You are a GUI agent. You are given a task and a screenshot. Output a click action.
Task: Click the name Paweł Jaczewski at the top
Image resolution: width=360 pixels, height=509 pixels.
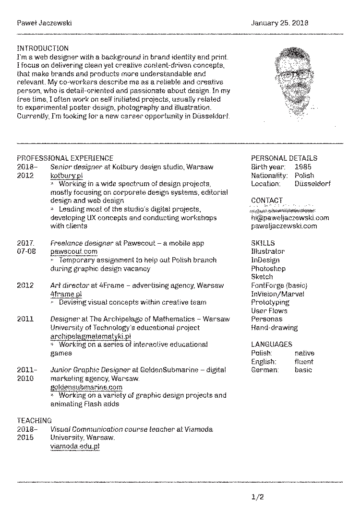(44, 23)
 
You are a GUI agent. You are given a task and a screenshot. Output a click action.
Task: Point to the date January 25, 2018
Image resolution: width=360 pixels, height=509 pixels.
(280, 23)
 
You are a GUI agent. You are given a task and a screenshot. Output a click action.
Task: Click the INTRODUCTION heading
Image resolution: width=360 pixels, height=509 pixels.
(43, 48)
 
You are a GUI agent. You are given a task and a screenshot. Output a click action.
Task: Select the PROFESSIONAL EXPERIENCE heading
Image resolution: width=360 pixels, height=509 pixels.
(65, 158)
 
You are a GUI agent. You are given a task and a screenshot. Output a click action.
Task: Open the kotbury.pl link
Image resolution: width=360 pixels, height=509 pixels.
(67, 176)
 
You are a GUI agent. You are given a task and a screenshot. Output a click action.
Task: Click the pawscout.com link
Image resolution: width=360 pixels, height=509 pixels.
(74, 251)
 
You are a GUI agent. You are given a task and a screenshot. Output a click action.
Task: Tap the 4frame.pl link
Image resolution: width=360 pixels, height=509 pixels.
(66, 294)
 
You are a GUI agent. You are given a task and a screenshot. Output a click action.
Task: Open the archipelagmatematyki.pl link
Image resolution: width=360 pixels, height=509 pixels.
(90, 336)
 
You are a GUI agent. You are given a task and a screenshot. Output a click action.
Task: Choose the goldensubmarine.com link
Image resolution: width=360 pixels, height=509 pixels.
(86, 387)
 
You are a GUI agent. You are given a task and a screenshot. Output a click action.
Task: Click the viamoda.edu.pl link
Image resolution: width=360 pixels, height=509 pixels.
(75, 446)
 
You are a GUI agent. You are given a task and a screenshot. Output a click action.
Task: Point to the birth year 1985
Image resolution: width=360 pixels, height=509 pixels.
(303, 167)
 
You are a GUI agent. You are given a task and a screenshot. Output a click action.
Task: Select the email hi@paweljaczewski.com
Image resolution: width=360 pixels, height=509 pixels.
(290, 218)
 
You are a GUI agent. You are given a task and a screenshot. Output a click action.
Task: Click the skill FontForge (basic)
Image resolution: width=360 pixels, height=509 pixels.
(279, 285)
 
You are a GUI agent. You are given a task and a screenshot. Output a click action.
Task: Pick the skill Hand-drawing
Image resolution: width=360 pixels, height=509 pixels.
(274, 328)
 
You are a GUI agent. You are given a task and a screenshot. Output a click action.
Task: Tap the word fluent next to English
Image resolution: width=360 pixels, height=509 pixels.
(304, 362)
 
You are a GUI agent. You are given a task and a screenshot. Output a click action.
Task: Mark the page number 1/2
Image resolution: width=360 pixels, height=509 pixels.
(258, 497)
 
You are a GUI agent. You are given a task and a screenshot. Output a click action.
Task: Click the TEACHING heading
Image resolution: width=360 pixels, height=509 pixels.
(35, 420)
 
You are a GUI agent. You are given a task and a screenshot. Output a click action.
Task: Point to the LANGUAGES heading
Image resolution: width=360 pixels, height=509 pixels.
(271, 344)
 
